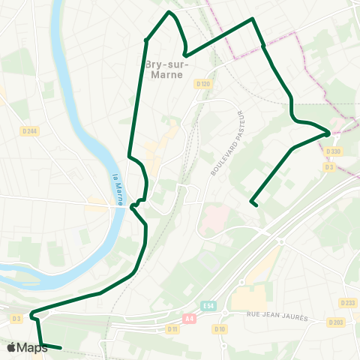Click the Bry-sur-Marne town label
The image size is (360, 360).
pyautogui.click(x=166, y=70)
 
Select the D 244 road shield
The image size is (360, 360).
pyautogui.click(x=30, y=131)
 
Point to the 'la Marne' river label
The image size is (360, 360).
pyautogui.click(x=117, y=190)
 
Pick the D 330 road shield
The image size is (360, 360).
pyautogui.click(x=334, y=151)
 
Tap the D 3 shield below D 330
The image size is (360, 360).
pyautogui.click(x=329, y=166)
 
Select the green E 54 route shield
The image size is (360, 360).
pyautogui.click(x=209, y=306)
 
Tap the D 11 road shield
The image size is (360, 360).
pyautogui.click(x=173, y=328)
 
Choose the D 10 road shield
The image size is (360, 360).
pyautogui.click(x=220, y=328)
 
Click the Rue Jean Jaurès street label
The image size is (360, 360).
pyautogui.click(x=277, y=317)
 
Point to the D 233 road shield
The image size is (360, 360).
pyautogui.click(x=347, y=303)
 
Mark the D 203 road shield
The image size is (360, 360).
pyautogui.click(x=335, y=322)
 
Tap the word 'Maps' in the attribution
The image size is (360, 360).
pyautogui.click(x=32, y=347)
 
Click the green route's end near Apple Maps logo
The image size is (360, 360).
pyautogui.click(x=61, y=348)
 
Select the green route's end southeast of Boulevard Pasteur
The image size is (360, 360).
pyautogui.click(x=253, y=202)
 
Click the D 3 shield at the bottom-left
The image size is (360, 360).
pyautogui.click(x=16, y=319)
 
